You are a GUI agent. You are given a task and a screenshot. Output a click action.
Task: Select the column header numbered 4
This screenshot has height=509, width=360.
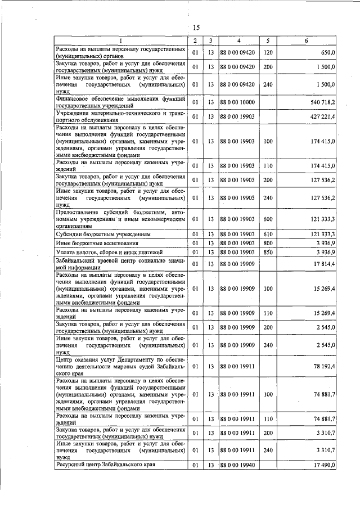pyautogui.click(x=238, y=41)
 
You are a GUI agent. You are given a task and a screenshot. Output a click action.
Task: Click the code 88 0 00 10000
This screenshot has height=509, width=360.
pyautogui.click(x=238, y=102)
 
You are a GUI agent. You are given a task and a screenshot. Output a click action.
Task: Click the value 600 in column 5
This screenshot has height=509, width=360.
pyautogui.click(x=268, y=219)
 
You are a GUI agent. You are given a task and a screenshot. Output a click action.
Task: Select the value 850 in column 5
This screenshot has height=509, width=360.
pyautogui.click(x=268, y=252)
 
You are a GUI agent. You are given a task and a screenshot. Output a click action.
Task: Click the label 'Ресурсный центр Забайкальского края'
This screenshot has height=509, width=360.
pyautogui.click(x=105, y=465)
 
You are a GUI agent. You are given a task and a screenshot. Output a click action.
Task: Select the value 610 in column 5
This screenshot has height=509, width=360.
pyautogui.click(x=268, y=234)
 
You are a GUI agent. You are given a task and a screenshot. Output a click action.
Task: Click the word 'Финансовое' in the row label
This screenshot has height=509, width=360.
pyautogui.click(x=74, y=98)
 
